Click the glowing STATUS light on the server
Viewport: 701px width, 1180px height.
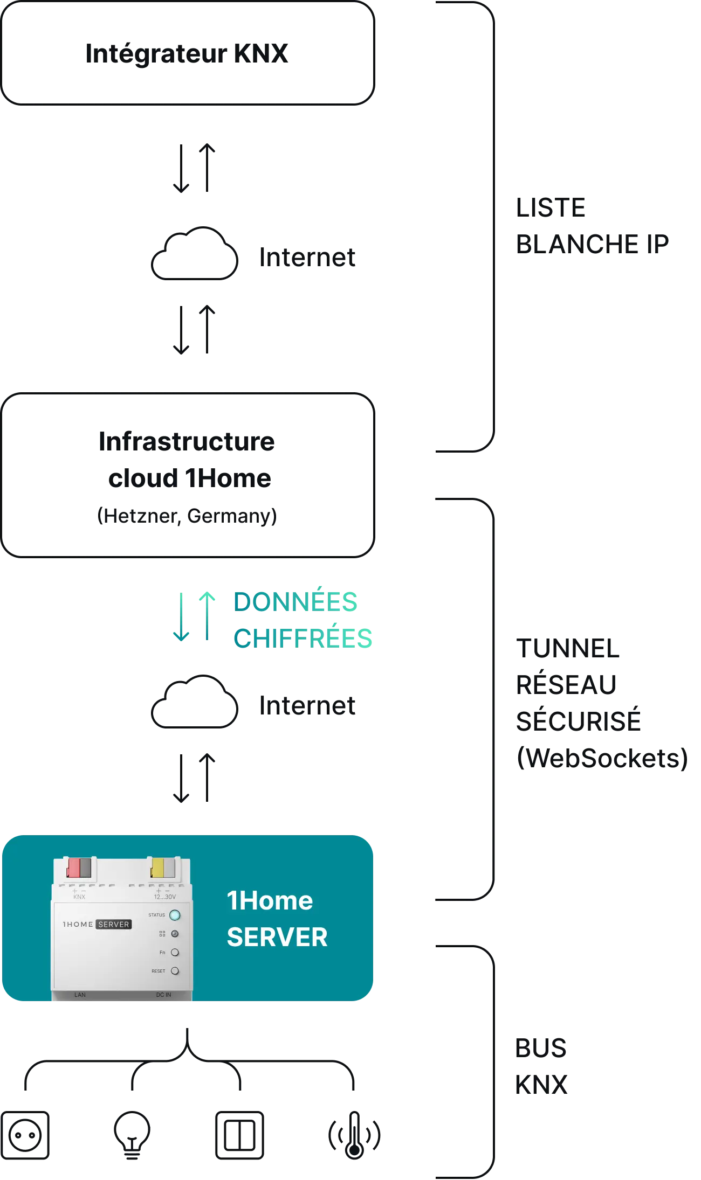click(x=175, y=915)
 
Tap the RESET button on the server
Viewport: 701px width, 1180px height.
click(x=175, y=971)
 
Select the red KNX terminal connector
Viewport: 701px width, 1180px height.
click(x=74, y=868)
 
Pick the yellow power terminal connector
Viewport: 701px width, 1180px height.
click(x=157, y=868)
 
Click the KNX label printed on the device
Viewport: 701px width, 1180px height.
click(x=79, y=897)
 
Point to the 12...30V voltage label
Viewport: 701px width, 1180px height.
click(x=164, y=897)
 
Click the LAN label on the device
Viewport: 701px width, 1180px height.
click(x=80, y=995)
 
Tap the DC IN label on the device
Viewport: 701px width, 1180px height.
click(x=163, y=995)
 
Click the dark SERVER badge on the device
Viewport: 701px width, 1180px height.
click(x=114, y=924)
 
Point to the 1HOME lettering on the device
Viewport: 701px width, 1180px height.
click(x=78, y=924)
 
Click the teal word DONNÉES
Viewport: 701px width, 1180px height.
click(x=295, y=602)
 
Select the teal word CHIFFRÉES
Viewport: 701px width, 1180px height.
click(x=303, y=638)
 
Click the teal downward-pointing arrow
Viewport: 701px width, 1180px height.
click(x=181, y=617)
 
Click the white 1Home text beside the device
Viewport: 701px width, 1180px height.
click(x=270, y=901)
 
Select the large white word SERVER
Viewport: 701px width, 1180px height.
click(x=277, y=937)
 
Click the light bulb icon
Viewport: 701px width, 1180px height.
click(x=131, y=1134)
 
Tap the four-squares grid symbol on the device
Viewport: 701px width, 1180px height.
click(x=162, y=934)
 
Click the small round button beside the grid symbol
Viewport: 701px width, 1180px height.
click(x=175, y=934)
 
